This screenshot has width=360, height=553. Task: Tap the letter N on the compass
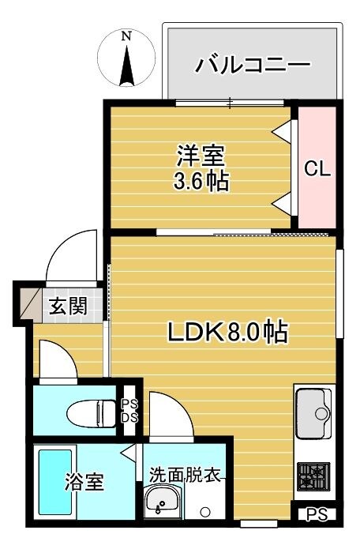(x=126, y=36)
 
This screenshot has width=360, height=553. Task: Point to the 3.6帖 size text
(x=201, y=182)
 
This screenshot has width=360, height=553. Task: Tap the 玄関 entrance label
(x=64, y=307)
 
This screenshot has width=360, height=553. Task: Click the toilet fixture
(x=88, y=412)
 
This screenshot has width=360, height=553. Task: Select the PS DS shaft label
(x=129, y=412)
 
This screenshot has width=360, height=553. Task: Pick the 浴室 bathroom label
(x=83, y=483)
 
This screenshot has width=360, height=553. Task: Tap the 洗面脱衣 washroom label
(x=185, y=476)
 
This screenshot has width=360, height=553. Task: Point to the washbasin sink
(x=163, y=502)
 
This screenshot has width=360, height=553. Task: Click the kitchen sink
(x=313, y=411)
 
